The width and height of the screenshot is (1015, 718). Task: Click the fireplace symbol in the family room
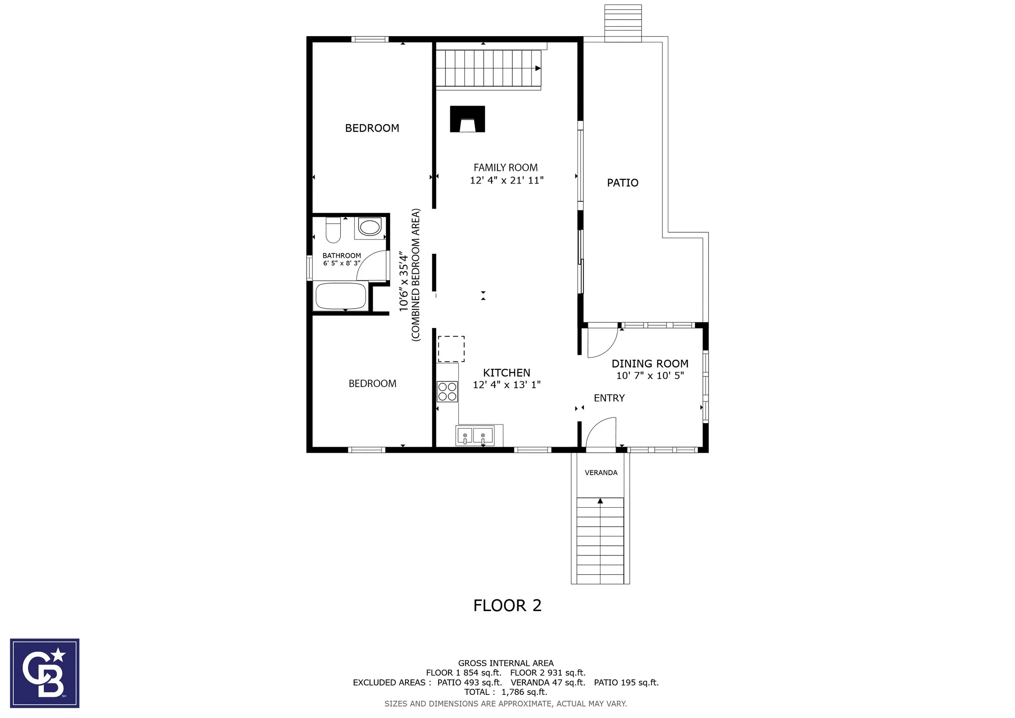tap(467, 119)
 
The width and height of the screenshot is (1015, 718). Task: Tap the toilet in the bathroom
tap(333, 230)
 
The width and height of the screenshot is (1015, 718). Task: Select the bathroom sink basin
tap(369, 227)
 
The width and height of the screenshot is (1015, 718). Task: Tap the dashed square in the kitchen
tap(451, 349)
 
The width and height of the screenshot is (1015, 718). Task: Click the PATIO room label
tap(622, 183)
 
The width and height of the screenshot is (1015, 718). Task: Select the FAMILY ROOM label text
tap(506, 168)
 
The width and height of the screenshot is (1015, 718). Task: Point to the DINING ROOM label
tap(650, 363)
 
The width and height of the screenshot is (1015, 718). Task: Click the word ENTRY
tap(609, 398)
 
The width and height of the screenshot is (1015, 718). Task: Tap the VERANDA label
tap(601, 473)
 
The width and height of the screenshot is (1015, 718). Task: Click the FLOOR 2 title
tap(508, 605)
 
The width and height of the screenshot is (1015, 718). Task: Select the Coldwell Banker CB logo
tap(45, 673)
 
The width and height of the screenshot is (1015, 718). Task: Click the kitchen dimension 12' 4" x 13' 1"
tap(507, 385)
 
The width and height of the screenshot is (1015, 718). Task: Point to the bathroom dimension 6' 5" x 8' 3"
tap(342, 263)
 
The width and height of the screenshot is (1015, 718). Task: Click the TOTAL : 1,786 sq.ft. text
tap(506, 692)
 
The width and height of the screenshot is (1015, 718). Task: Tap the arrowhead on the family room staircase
tap(538, 68)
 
